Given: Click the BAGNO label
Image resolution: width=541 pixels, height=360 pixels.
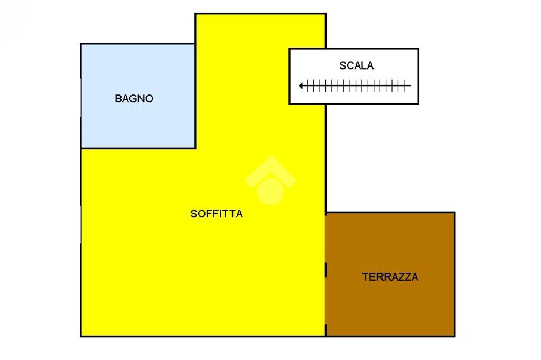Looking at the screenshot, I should (134, 99).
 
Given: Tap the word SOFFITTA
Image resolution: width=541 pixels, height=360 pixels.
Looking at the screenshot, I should (217, 214).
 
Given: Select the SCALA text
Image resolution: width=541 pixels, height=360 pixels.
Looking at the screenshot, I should (356, 66).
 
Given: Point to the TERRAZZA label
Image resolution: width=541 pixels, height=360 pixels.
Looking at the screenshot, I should (390, 277).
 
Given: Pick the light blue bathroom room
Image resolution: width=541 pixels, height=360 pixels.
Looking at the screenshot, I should (137, 121).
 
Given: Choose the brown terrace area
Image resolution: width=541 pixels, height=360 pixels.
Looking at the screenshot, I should (390, 306).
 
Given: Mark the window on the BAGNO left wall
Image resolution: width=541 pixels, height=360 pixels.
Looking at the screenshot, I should (81, 98).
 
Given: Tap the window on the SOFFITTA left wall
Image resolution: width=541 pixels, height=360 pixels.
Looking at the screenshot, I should (81, 224).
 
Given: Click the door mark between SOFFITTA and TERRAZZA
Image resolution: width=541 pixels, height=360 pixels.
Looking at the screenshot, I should (325, 270).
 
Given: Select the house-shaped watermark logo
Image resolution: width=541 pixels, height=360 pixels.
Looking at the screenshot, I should (270, 179).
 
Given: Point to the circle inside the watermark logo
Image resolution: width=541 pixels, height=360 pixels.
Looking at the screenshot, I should (270, 191).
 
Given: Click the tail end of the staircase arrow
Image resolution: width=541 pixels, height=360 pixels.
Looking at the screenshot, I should (410, 86).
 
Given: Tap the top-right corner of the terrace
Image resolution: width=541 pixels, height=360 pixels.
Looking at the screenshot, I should (454, 213).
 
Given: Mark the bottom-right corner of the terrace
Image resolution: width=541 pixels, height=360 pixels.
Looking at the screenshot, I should (454, 336).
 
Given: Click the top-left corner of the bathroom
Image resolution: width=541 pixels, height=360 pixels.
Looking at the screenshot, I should (81, 44).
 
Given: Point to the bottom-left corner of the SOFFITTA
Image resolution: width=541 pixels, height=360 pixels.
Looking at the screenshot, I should (81, 336).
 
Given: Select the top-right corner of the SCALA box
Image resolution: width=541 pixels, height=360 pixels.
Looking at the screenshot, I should (418, 49).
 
